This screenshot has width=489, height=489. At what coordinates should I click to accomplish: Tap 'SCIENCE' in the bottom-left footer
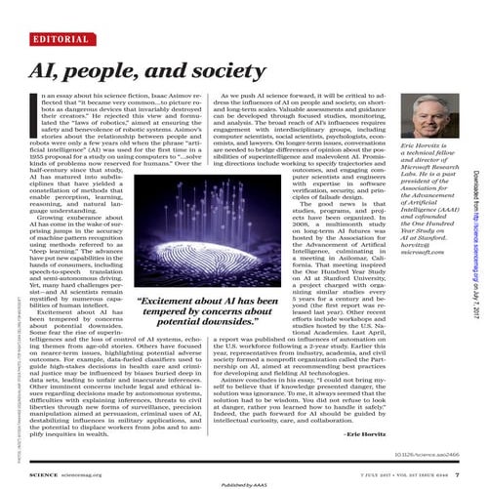tap(42, 444)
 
